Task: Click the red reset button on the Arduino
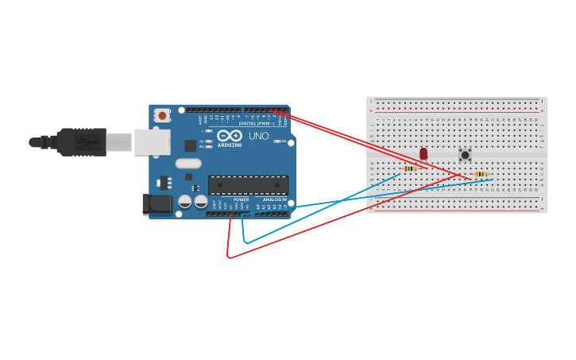[162, 115]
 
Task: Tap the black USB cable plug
[79, 142]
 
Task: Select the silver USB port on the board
[152, 142]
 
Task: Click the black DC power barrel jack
[159, 203]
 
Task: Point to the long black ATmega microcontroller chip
[248, 185]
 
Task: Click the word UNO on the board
[259, 136]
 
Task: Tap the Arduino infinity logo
[230, 136]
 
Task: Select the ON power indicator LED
[275, 141]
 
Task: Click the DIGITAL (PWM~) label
[257, 123]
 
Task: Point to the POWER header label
[241, 199]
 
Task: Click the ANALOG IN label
[275, 199]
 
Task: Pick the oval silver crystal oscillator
[188, 164]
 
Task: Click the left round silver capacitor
[184, 202]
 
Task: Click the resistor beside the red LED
[410, 168]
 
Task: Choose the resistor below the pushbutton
[481, 174]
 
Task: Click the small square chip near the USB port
[191, 145]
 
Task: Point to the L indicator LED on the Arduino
[209, 131]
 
